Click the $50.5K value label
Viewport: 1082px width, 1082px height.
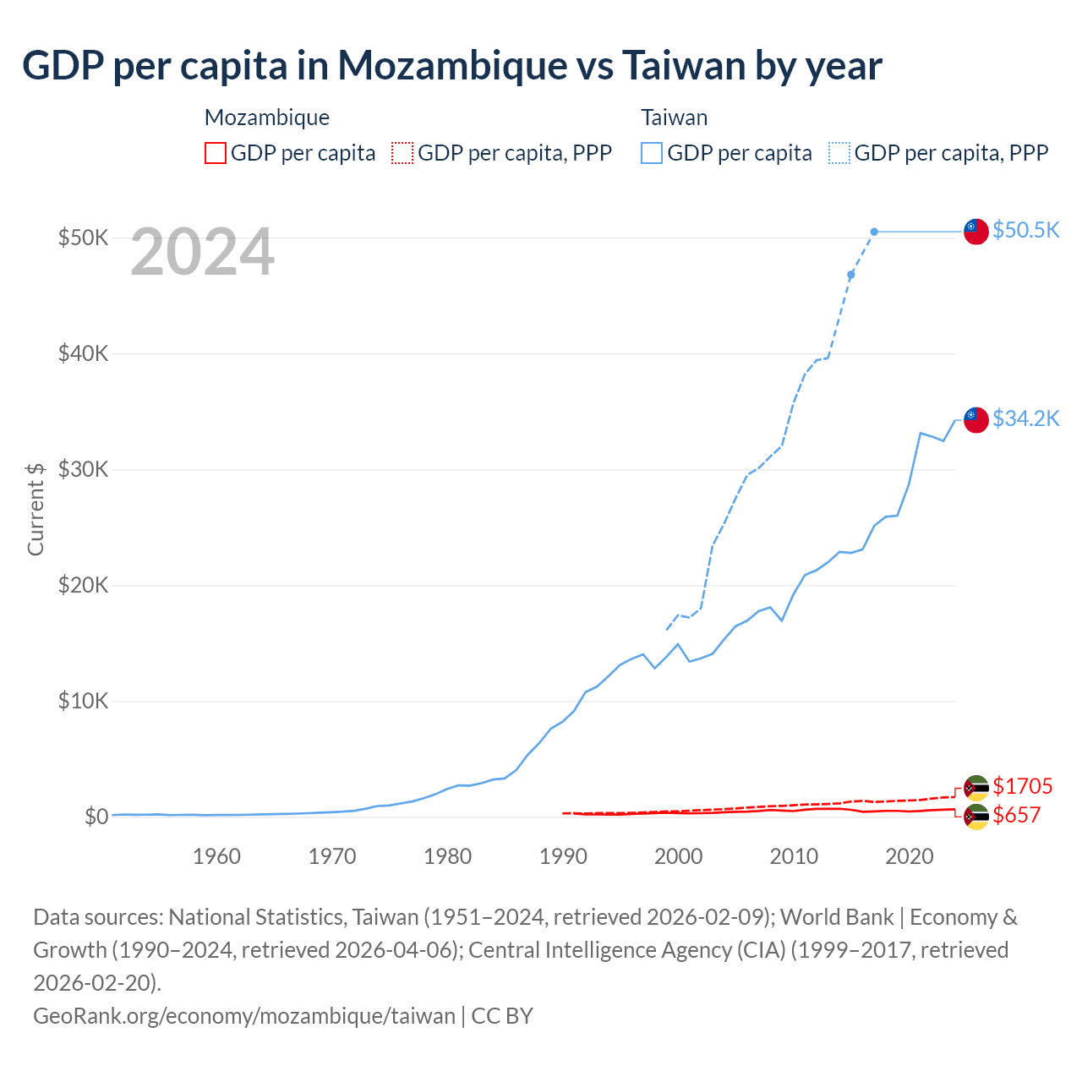click(x=1025, y=230)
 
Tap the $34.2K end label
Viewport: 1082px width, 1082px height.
click(x=1025, y=418)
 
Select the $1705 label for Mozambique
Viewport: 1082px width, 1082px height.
click(x=1022, y=786)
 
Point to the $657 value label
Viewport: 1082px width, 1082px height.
click(x=1016, y=815)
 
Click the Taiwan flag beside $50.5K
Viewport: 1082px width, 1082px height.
click(x=976, y=231)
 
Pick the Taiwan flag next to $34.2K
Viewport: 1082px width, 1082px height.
click(x=976, y=419)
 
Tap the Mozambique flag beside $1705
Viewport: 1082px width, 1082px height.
click(x=976, y=787)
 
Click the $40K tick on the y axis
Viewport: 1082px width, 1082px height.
click(x=83, y=353)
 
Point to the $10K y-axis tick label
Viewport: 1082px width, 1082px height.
click(x=83, y=701)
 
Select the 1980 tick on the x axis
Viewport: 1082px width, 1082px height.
click(x=447, y=856)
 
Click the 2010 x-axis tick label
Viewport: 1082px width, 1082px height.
click(x=794, y=856)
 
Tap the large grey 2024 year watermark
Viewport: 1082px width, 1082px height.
click(x=202, y=251)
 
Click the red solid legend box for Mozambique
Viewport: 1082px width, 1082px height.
click(x=216, y=153)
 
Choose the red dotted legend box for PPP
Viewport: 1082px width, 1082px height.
click(x=402, y=153)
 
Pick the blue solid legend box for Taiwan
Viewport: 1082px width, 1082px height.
click(x=652, y=153)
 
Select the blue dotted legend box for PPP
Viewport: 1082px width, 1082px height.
click(x=839, y=153)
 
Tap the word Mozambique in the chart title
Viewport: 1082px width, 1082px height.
click(x=452, y=65)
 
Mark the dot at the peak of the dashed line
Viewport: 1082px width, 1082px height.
click(x=874, y=232)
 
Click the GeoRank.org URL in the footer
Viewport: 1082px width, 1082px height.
click(x=244, y=1015)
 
